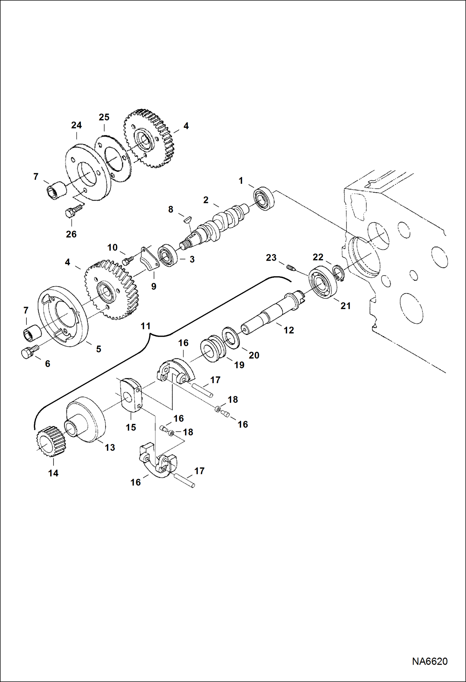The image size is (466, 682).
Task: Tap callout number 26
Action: tap(71, 234)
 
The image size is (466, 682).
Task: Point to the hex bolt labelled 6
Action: tap(29, 352)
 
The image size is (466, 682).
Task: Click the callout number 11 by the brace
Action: tap(146, 326)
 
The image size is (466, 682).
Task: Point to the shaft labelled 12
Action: tap(271, 314)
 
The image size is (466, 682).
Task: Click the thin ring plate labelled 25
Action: tap(113, 159)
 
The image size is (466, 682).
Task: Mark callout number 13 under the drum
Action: tap(110, 448)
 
